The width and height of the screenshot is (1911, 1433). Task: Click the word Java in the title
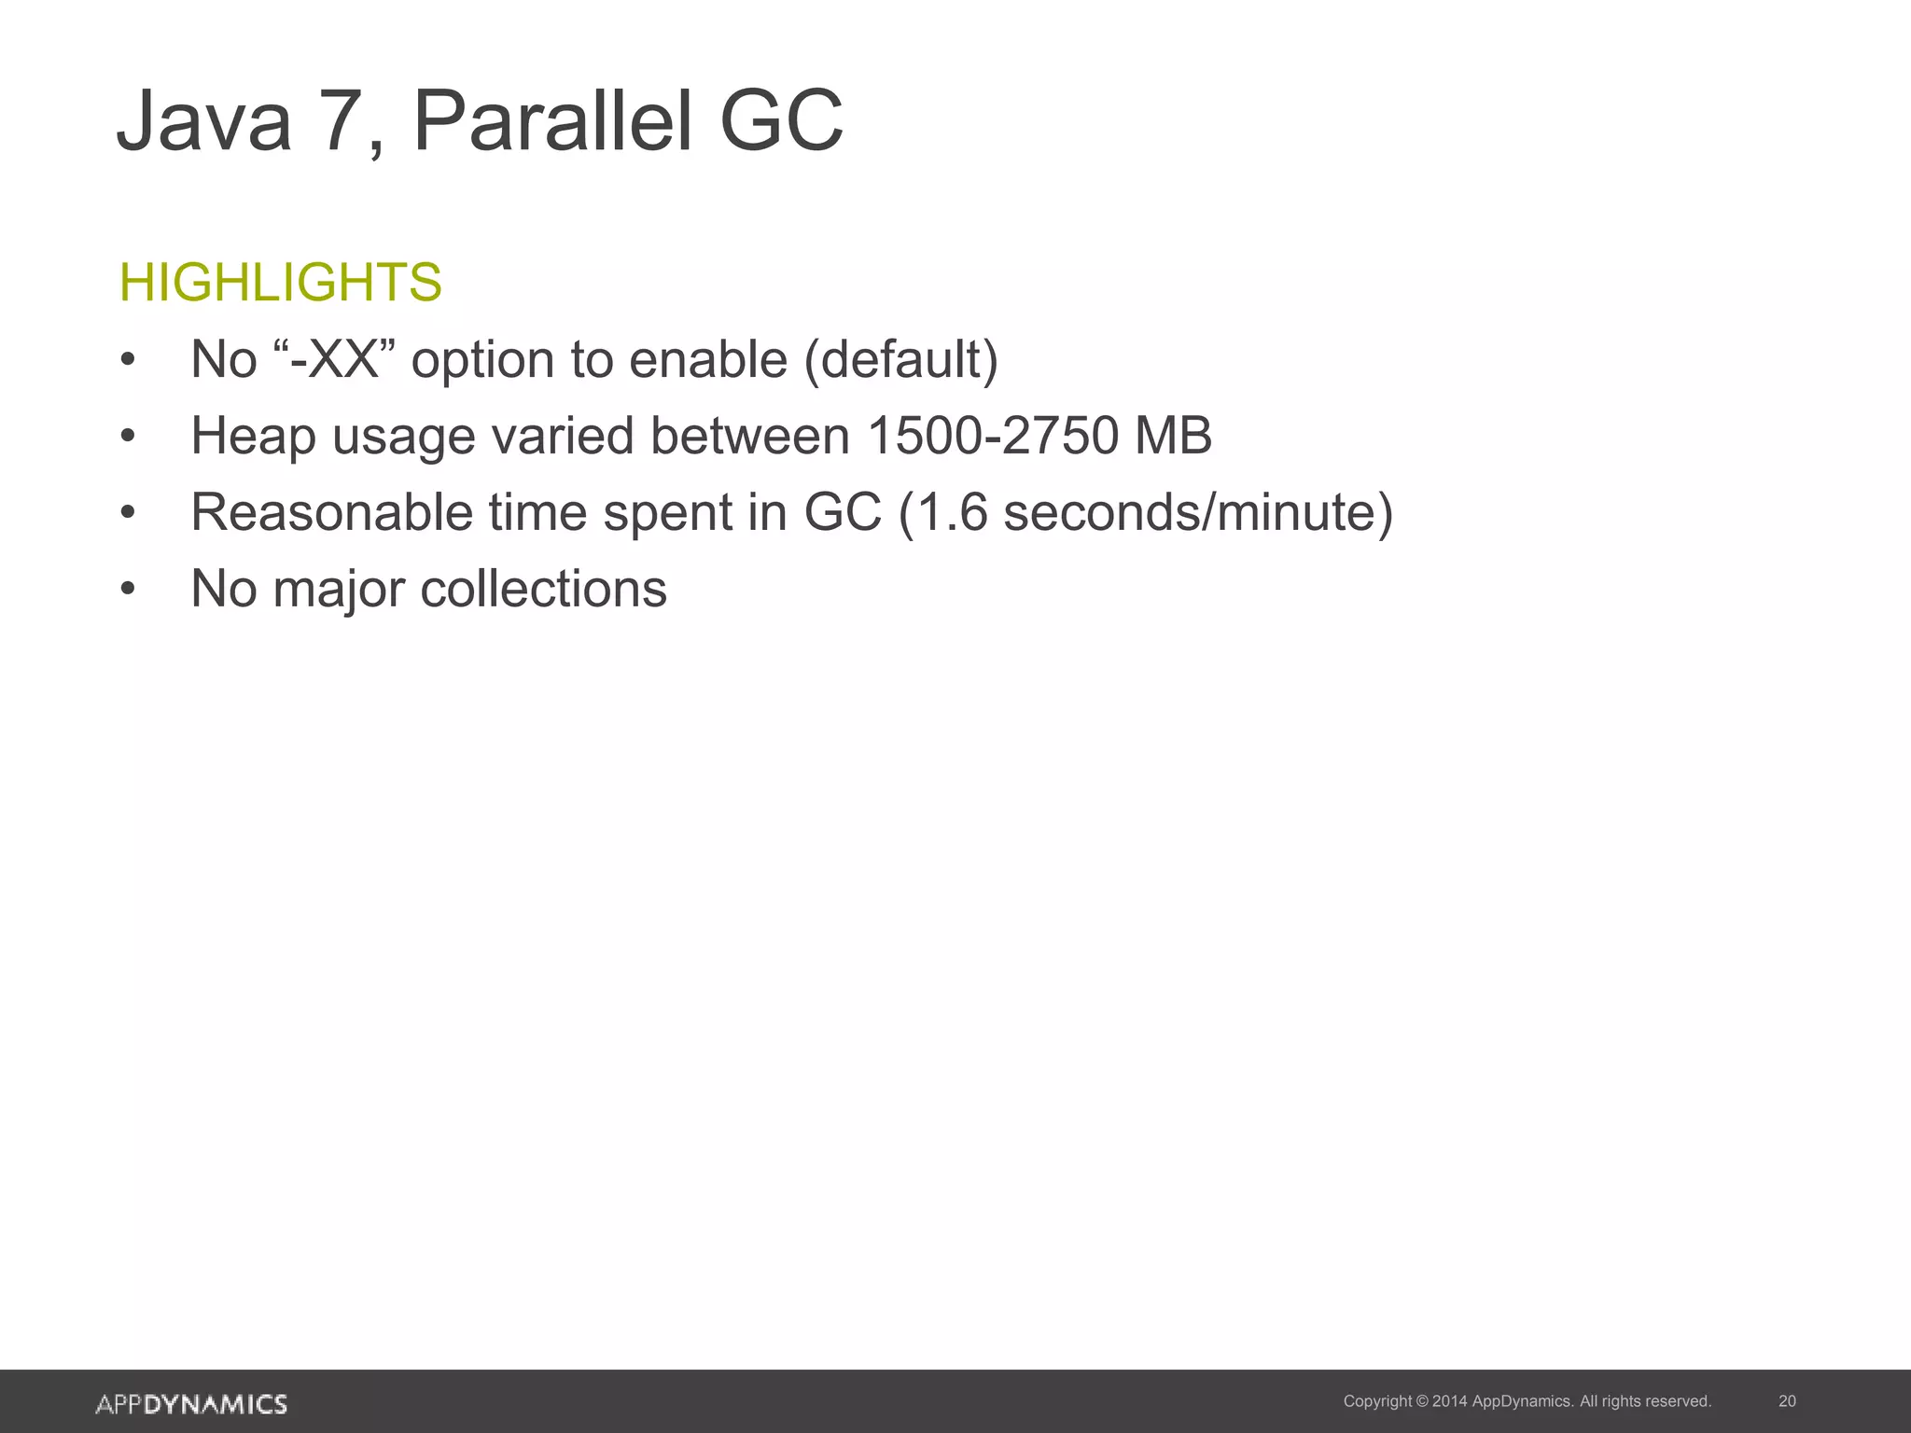pos(204,121)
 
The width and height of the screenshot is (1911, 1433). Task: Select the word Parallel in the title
pos(553,121)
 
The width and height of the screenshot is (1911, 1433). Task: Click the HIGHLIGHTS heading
pos(281,282)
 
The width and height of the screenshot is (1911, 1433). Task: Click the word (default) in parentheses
pos(901,359)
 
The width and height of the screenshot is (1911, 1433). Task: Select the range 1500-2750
pos(993,436)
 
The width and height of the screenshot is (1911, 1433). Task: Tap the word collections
pos(543,589)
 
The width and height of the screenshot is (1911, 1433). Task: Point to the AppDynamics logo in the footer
pos(191,1404)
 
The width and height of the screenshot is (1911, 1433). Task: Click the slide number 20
pos(1787,1401)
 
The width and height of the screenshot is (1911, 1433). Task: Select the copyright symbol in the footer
pos(1422,1401)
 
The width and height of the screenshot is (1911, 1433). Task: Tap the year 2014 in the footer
pos(1449,1401)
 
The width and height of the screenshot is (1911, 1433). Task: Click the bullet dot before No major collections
pos(129,590)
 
